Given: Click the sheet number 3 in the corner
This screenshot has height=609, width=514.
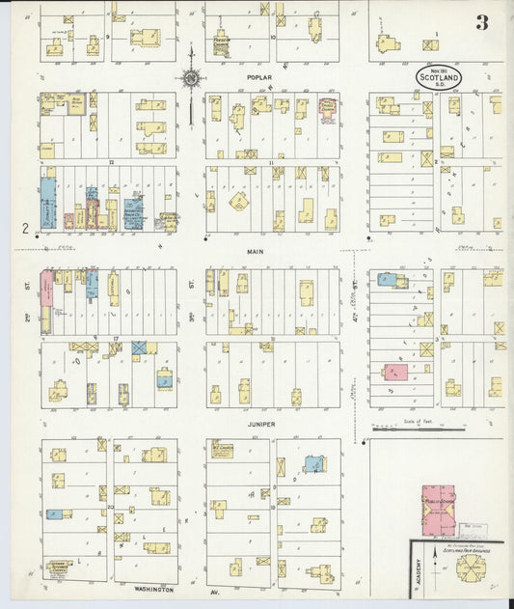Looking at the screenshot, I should [x=480, y=22].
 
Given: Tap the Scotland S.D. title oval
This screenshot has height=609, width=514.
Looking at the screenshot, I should [x=439, y=75].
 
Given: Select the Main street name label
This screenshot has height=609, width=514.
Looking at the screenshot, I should [x=255, y=252].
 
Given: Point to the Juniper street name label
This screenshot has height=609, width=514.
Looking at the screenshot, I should [x=260, y=424].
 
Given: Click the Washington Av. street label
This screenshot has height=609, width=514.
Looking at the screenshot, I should [x=154, y=588].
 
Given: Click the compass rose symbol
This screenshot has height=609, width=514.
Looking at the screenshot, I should [x=191, y=77].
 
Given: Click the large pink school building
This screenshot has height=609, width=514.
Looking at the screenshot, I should [x=439, y=510].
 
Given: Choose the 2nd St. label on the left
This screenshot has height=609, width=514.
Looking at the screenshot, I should [x=29, y=313].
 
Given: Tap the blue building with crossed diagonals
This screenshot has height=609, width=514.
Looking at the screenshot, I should [x=138, y=346].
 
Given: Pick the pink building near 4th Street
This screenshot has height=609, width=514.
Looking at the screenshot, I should [x=394, y=372].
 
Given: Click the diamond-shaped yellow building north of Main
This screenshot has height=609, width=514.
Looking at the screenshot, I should [x=237, y=201].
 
